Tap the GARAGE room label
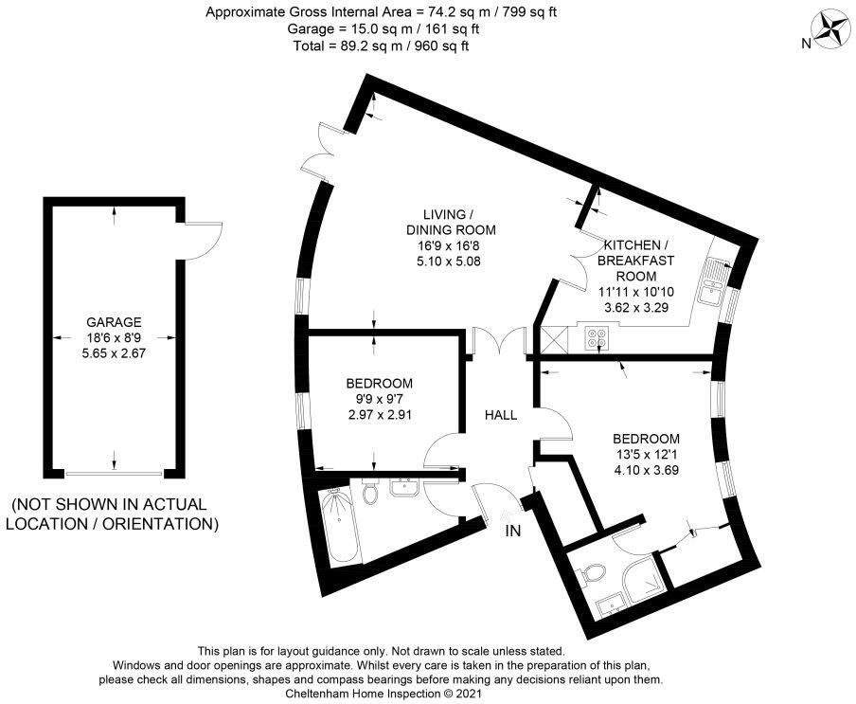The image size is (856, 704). pyautogui.click(x=114, y=322)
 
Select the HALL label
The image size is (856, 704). pyautogui.click(x=501, y=415)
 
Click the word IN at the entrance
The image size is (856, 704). pyautogui.click(x=512, y=531)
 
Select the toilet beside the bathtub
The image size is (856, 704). pyautogui.click(x=369, y=492)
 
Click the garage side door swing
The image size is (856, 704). pyautogui.click(x=203, y=241)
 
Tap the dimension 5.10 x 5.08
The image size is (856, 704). pyautogui.click(x=448, y=262)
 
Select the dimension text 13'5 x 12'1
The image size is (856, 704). pyautogui.click(x=647, y=454)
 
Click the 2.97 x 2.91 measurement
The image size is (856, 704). pyautogui.click(x=380, y=414)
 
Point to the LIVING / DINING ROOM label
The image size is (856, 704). pyautogui.click(x=451, y=222)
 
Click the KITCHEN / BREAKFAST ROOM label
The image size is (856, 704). pyautogui.click(x=636, y=261)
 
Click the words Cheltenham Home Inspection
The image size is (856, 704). pyautogui.click(x=363, y=694)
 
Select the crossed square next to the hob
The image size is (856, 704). pyautogui.click(x=554, y=338)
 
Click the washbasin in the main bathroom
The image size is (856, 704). pyautogui.click(x=404, y=487)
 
